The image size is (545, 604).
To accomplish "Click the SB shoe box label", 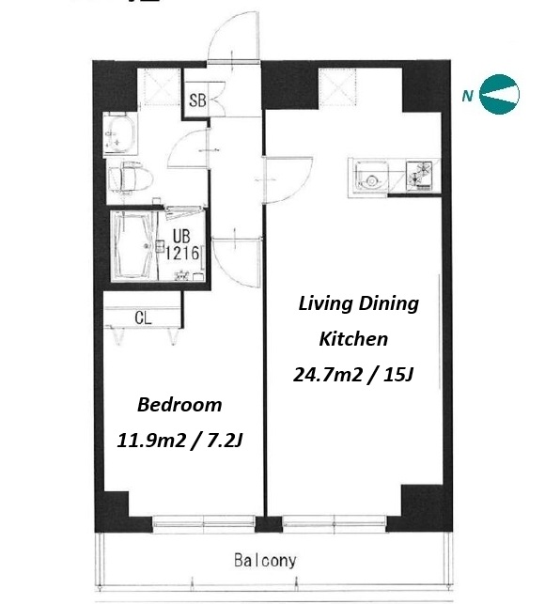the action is [197, 101].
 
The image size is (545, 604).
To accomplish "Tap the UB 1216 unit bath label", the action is [182, 245].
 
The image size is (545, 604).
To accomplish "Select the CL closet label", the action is [143, 317].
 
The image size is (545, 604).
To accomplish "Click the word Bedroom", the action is [179, 405].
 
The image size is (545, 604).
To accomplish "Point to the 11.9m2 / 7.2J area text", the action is [179, 441].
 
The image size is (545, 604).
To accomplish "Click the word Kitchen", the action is [353, 339].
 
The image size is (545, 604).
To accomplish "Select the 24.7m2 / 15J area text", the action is [353, 374].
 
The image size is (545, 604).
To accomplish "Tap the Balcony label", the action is [265, 561].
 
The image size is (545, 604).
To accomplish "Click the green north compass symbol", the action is [499, 94].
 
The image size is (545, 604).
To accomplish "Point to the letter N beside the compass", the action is [468, 95].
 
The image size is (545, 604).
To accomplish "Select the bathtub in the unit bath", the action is [132, 245].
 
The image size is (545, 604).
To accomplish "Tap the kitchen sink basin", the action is [371, 178].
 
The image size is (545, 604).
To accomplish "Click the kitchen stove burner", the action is [419, 176].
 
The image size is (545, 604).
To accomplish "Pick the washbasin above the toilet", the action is [118, 133].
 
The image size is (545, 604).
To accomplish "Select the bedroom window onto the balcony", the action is [204, 522].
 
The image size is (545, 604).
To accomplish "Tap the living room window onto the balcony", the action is [335, 522].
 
